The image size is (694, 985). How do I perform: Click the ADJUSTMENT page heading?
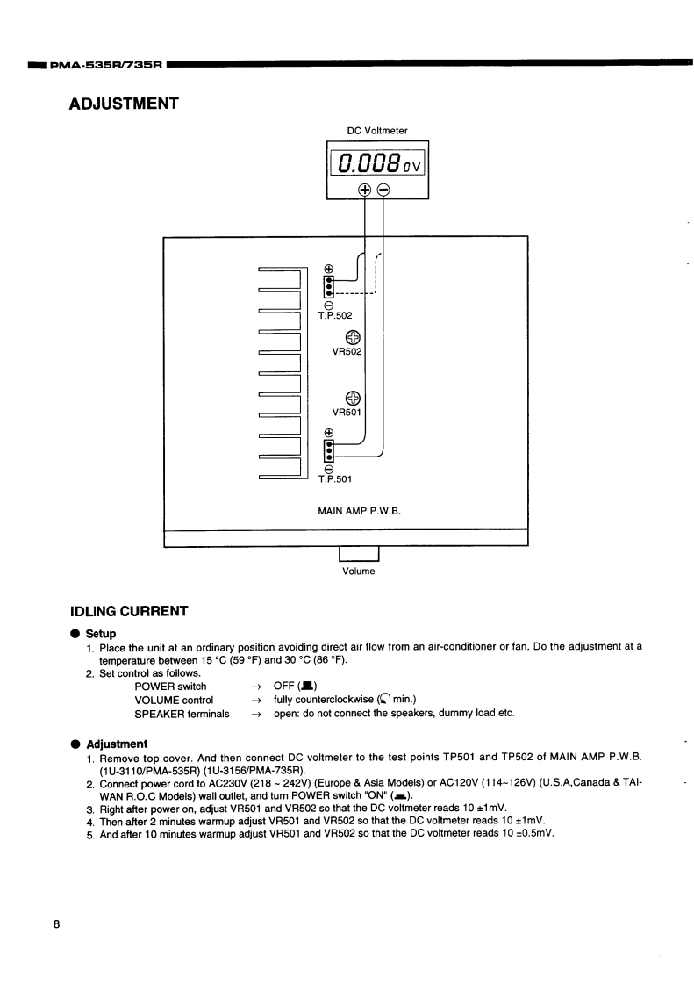(x=124, y=104)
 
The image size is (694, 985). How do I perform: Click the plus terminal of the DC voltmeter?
(x=364, y=190)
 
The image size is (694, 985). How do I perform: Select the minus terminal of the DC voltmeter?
(x=383, y=190)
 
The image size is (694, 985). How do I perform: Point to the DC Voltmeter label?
(x=377, y=131)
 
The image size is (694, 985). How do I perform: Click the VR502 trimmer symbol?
(x=353, y=338)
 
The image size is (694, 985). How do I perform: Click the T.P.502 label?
(x=334, y=313)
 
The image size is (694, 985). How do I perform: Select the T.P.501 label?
(x=334, y=478)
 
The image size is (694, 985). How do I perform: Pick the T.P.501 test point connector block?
(x=328, y=450)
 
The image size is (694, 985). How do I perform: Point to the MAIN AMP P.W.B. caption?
(x=359, y=509)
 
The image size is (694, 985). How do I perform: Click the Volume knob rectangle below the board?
(x=359, y=552)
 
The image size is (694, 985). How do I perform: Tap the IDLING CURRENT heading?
(x=128, y=610)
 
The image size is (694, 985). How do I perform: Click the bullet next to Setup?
(x=75, y=633)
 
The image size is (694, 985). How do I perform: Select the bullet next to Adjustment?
(x=75, y=744)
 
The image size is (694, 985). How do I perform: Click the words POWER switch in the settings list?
(x=170, y=686)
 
